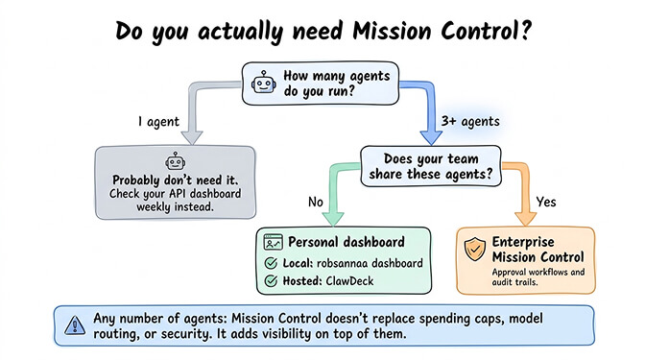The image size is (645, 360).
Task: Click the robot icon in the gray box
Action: [x=175, y=162]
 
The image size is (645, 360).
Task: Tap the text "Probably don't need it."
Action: [x=175, y=180]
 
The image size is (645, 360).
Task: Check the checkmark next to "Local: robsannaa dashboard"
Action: [x=271, y=264]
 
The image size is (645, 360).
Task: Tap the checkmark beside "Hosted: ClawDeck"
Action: [x=271, y=281]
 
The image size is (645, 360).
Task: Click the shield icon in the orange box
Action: [x=473, y=252]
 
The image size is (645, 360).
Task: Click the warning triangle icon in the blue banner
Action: [x=73, y=325]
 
